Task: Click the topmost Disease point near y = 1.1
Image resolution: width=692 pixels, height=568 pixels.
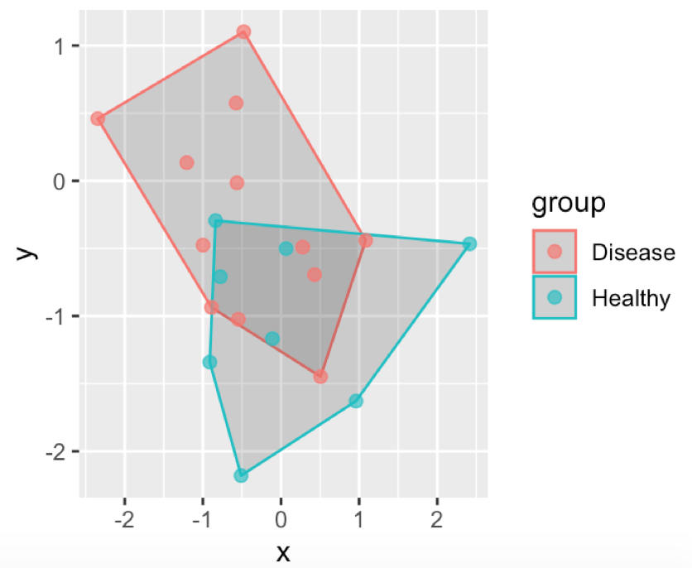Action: coord(243,31)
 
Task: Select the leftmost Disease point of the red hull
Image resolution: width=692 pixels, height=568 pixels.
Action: coord(98,118)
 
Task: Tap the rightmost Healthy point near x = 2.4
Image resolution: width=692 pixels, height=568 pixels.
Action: coord(469,243)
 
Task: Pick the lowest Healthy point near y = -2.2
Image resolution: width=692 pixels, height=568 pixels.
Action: coord(241,475)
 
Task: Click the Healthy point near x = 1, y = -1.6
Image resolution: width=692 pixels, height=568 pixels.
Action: coord(356,401)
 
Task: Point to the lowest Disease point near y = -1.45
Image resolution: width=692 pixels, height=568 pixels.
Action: coord(320,377)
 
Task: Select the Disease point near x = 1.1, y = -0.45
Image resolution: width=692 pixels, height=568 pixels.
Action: coord(365,240)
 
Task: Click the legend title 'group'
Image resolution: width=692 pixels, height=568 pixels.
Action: coord(568,202)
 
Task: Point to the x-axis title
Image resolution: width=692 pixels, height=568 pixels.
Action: coord(283,551)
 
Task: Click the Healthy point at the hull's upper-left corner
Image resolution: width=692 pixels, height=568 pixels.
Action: coord(215,220)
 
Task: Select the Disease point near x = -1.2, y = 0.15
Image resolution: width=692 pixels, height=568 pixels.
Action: coord(187,162)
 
